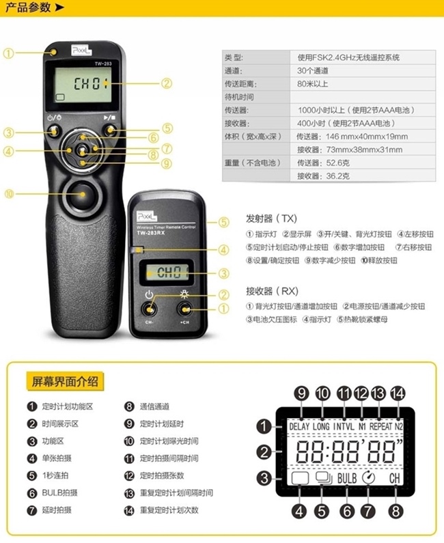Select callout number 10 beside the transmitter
click(9, 193)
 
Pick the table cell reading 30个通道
click(313, 70)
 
